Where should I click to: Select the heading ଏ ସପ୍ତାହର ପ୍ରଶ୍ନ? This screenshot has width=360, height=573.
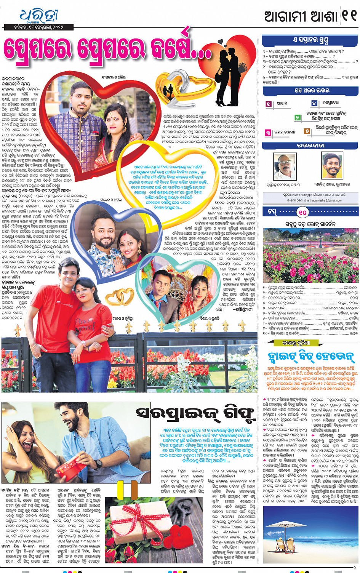click(x=310, y=40)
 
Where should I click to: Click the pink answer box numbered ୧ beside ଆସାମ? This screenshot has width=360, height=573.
click(x=269, y=104)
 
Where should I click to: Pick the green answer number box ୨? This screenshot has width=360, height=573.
click(x=297, y=118)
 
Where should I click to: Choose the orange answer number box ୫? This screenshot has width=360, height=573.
click(x=307, y=131)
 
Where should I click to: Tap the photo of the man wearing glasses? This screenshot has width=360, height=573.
click(x=285, y=166)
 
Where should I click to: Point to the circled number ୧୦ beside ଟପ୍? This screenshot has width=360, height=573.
click(x=302, y=212)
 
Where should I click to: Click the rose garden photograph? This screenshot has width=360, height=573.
click(x=310, y=255)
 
